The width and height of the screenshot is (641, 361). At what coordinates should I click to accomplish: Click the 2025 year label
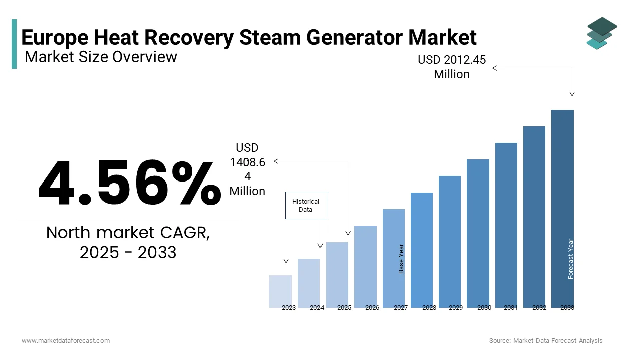pos(344,308)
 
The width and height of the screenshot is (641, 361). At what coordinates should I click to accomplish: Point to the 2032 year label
pos(539,308)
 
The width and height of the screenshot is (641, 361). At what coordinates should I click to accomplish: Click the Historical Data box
pos(306,205)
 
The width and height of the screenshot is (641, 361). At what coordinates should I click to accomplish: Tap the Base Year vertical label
pos(401,259)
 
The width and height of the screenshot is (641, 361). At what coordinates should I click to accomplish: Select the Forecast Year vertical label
pos(571,259)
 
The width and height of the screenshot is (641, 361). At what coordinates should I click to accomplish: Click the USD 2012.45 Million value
pos(452,67)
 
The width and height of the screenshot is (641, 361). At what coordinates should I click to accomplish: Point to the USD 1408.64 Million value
pos(247,169)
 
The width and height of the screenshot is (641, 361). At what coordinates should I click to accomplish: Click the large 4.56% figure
pos(129,183)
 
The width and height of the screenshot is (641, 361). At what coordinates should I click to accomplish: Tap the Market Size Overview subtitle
pos(101,57)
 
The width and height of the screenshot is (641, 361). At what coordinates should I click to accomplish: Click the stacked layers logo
pos(601,33)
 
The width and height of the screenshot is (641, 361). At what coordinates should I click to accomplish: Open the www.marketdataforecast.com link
pos(66,341)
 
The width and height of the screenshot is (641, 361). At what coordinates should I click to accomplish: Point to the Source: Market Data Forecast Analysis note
pos(546,341)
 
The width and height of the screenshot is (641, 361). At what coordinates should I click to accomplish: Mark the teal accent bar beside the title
pos(14,44)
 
